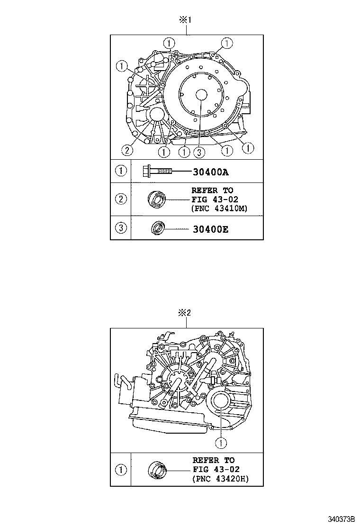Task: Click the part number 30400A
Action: click(211, 171)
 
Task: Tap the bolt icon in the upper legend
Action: click(156, 171)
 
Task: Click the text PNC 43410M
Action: click(219, 208)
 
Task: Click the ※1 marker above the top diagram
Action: click(185, 20)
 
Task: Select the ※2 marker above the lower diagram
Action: click(184, 313)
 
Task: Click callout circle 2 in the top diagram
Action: click(126, 150)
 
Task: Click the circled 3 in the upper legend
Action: click(121, 228)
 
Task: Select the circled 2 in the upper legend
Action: click(121, 199)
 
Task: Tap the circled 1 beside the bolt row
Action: click(121, 171)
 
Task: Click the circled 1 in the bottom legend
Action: click(121, 470)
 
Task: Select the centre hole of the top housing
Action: click(199, 94)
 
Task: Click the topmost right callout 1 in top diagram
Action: click(227, 44)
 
